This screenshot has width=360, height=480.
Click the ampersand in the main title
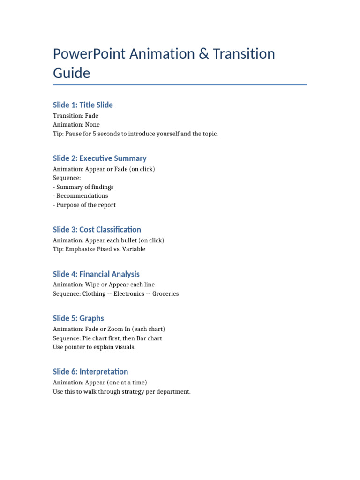202,54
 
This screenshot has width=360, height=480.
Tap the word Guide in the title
71,73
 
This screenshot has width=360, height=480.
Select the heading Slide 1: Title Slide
83,105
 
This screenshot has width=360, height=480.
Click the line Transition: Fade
76,116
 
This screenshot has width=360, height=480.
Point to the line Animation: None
76,125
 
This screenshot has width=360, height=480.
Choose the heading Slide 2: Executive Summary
100,158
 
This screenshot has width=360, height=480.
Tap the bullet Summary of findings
85,187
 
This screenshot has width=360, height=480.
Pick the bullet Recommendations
82,196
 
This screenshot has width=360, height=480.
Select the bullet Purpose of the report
86,205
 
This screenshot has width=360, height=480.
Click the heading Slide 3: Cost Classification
97,230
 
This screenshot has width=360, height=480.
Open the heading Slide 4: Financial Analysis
96,274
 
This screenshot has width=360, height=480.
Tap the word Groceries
165,294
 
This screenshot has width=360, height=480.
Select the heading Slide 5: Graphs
78,318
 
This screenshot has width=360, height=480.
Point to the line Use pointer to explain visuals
94,347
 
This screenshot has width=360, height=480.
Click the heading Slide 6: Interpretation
90,372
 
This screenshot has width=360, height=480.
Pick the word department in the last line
173,391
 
